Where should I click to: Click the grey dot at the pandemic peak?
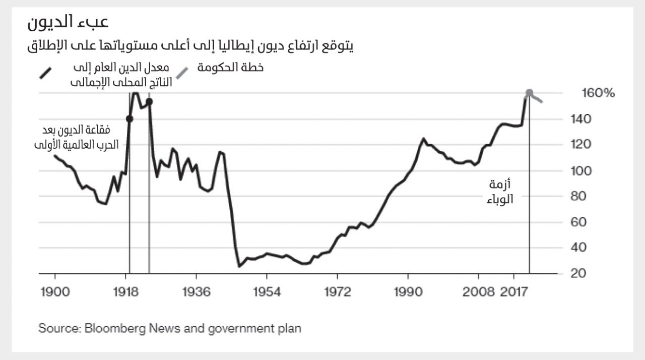529,93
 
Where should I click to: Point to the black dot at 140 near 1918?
130,119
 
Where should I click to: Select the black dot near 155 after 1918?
149,101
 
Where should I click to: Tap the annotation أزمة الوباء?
500,192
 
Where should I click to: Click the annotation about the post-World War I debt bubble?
77,137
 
